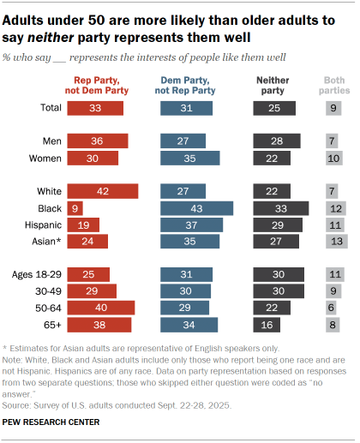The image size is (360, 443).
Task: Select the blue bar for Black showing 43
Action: [196, 207]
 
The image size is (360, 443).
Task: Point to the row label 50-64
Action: [44, 308]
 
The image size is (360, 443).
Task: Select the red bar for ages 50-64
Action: [100, 308]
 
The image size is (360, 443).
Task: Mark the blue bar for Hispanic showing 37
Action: [191, 224]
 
